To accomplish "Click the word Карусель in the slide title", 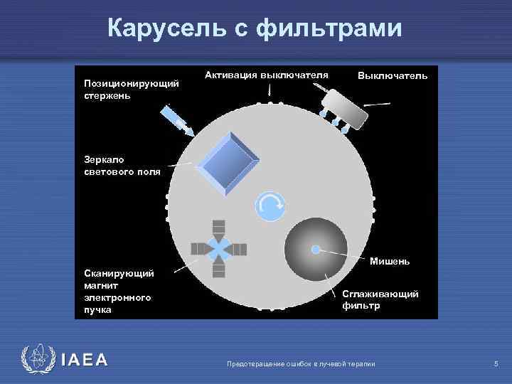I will coord(166,28).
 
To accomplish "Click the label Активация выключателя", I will coord(267,75).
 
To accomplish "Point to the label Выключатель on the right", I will coord(393,75).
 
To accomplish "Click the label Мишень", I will coord(390,261).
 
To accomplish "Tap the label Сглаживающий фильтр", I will coord(370,299).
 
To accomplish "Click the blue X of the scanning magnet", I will coord(220,248).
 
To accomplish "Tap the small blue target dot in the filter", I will coord(315,249).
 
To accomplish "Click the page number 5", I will coord(496,364).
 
